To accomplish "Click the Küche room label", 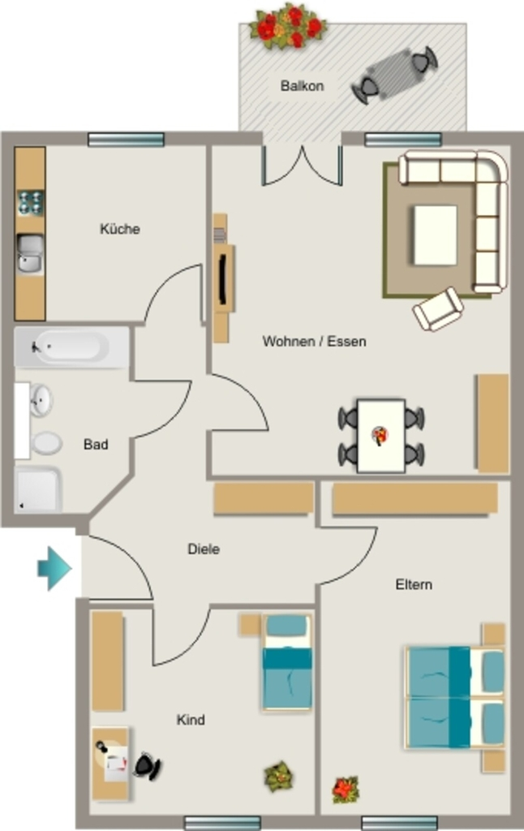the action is point(120,229).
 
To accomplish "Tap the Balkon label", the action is point(302,86).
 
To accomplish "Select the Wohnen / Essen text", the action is point(314,342).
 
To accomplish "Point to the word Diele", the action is point(204,549).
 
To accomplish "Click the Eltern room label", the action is point(414,584).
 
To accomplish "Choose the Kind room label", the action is point(191,720).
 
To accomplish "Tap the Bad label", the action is point(96,444).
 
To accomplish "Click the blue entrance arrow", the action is point(54,568).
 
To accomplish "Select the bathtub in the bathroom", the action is point(72,347).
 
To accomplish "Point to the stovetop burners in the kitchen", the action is point(30,202).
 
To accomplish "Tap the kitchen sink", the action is point(30,254).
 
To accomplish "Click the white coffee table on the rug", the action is point(435,235).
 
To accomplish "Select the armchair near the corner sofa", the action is point(438,309).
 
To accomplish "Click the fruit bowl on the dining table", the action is point(380,436).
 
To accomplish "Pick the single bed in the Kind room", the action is point(286,662).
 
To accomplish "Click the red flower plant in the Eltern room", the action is point(346,789).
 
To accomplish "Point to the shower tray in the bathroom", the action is point(38,489).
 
